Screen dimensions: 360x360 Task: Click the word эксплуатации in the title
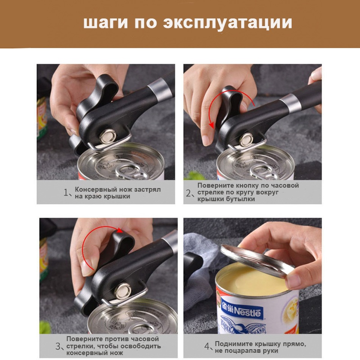click(x=228, y=23)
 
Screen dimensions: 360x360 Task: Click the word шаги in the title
click(x=105, y=23)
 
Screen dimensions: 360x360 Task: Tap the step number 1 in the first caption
click(x=66, y=193)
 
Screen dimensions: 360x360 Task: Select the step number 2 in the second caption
click(x=188, y=193)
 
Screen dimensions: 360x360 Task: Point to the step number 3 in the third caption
click(x=58, y=346)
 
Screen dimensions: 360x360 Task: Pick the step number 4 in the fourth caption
click(x=207, y=346)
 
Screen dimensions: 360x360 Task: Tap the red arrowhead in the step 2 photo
click(x=211, y=125)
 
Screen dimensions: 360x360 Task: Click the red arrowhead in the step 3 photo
click(x=119, y=230)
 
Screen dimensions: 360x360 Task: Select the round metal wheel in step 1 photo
click(x=108, y=136)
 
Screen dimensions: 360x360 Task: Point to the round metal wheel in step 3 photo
click(x=123, y=291)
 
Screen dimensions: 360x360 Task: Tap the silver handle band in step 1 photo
click(x=160, y=90)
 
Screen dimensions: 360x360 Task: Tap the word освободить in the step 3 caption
click(x=140, y=346)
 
